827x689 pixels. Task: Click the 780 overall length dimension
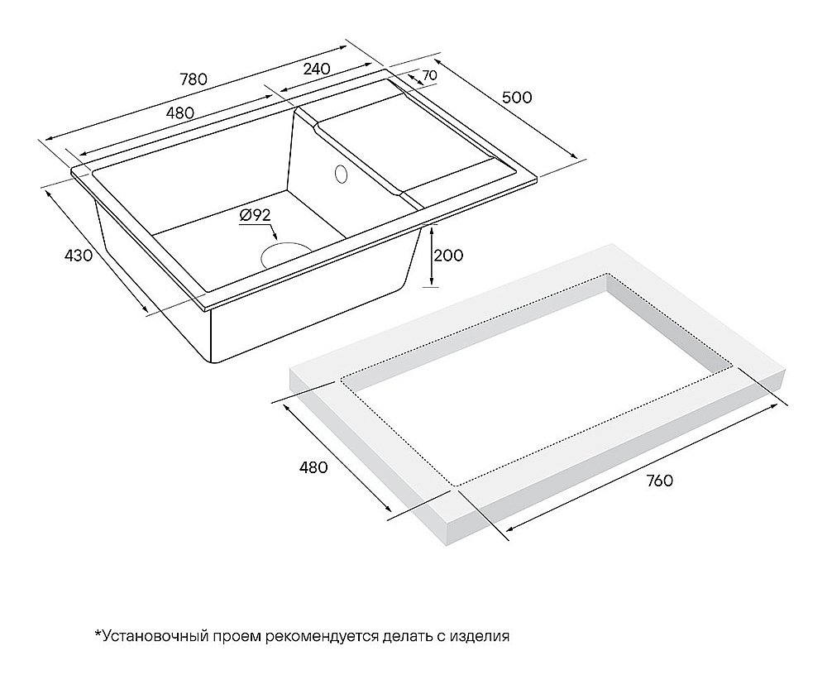(x=192, y=79)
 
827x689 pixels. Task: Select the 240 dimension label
(x=317, y=68)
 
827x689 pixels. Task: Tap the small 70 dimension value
(x=429, y=75)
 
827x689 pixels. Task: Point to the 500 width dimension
(x=517, y=97)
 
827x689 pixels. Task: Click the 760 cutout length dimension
(x=658, y=481)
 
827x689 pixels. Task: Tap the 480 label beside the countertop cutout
(x=313, y=467)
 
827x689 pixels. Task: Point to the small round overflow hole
(x=340, y=175)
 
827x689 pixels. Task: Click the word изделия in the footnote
(x=480, y=636)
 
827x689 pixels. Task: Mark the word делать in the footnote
(x=406, y=636)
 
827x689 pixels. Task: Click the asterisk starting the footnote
(x=97, y=634)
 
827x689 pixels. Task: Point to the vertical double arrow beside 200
(x=430, y=256)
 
